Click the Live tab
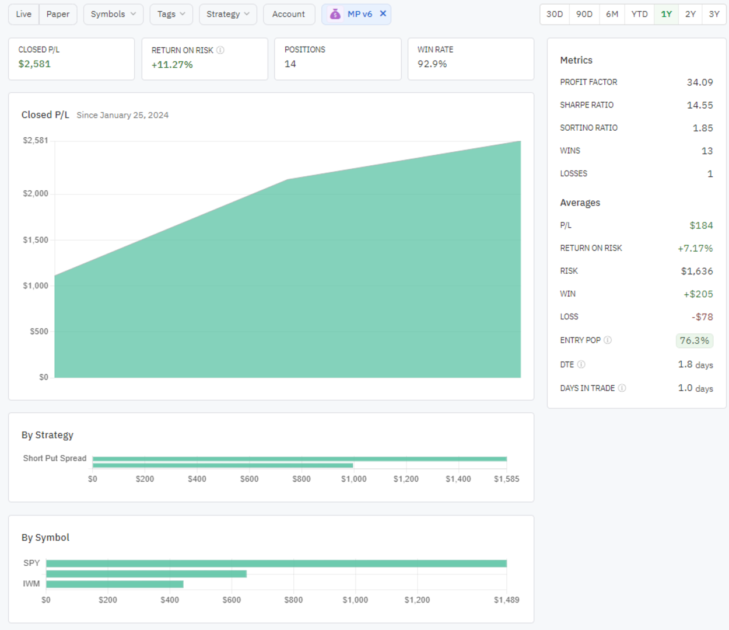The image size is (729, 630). pos(24,14)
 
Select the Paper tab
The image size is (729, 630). pos(58,14)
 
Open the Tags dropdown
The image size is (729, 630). pos(171,14)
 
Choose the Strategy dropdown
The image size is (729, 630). pos(227,14)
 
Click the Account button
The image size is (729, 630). pos(289,14)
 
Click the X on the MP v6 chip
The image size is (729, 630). pos(383,13)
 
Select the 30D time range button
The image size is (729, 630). pos(555,14)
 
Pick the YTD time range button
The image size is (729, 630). pos(639,14)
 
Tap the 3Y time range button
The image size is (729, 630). pos(714,14)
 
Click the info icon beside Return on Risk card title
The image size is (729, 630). pos(220,50)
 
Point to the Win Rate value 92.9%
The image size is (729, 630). pos(432,64)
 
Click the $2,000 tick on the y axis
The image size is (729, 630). pos(36,194)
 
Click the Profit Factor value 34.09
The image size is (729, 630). pos(700,82)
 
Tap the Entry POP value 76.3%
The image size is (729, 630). pos(694,340)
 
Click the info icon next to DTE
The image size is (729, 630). pos(581,364)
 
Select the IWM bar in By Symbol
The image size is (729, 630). pos(115,584)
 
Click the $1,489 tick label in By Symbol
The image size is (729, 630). pos(506,600)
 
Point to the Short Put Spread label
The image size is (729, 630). pos(55,458)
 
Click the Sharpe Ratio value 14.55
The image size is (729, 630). pos(700,105)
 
